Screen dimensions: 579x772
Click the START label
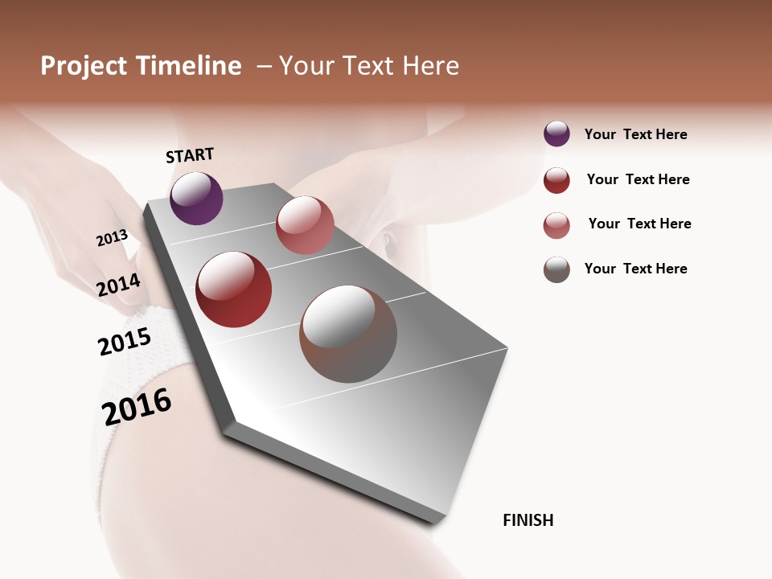190,155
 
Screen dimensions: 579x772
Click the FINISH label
528,520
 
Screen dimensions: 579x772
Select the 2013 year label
112,238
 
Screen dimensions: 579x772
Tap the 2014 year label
118,285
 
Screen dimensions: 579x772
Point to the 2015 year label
124,342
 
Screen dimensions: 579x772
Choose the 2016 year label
137,406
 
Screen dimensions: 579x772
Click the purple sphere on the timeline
196,198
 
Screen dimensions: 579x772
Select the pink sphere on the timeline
305,225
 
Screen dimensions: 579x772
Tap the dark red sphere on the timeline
233,289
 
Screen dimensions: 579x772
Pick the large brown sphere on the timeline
348,334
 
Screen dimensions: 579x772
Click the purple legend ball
556,133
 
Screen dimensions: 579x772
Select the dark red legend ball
556,180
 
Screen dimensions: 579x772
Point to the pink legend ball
556,225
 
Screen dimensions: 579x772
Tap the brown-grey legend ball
556,269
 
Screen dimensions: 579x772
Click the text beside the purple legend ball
635,134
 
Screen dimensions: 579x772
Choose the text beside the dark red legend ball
638,179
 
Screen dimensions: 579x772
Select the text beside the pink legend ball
639,224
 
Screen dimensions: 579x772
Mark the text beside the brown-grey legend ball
635,269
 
